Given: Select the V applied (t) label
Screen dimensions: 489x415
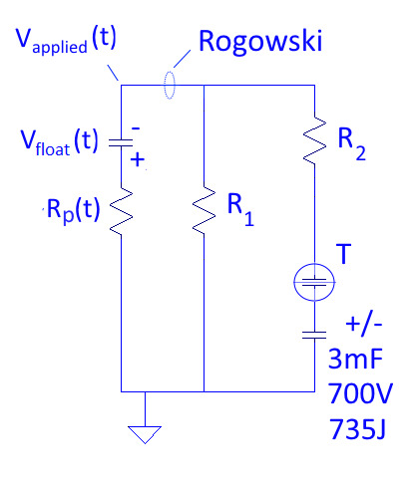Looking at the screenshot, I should click(x=78, y=41).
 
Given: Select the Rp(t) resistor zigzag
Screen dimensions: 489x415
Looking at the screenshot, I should click(x=121, y=210).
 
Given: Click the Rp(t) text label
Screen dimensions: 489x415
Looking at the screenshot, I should click(x=72, y=210).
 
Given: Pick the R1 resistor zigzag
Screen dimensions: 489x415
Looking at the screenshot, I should click(x=204, y=210).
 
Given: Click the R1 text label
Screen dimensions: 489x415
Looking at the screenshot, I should click(x=239, y=212).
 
